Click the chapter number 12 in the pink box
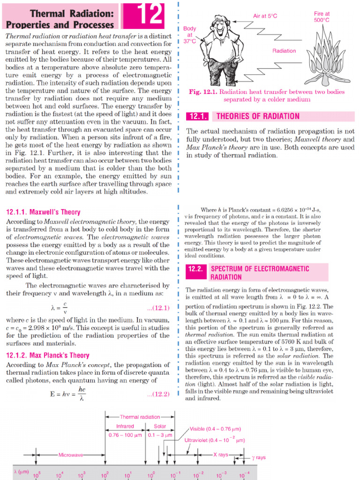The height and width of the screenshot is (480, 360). tap(147, 15)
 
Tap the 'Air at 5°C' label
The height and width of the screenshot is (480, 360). tap(265, 16)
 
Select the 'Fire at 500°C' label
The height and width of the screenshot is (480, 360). tap(322, 17)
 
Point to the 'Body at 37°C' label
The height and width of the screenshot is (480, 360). tap(190, 35)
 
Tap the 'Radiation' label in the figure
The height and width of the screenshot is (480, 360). tap(284, 51)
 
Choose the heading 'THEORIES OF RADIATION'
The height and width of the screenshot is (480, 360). tap(257, 116)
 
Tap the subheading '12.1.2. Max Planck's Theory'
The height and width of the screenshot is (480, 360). tap(47, 355)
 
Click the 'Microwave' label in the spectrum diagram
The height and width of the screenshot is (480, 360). tap(70, 455)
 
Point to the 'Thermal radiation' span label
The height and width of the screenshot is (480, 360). tap(140, 417)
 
